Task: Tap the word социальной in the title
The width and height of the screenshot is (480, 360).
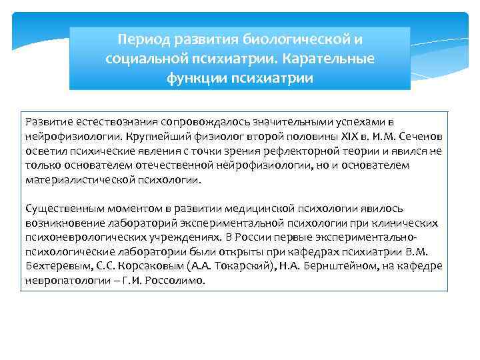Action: pos(145,59)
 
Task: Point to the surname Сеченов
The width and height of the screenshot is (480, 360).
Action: pos(420,136)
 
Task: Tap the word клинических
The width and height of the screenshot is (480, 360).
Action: pos(405,223)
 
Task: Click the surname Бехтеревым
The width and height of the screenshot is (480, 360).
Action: pos(53,266)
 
